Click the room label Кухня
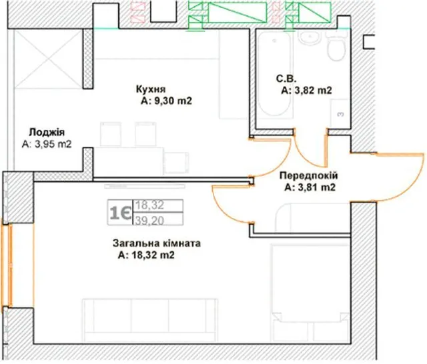pos(151,89)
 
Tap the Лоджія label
pos(47,132)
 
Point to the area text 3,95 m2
pos(53,144)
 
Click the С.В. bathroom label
pos(286,79)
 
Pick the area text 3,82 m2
pos(313,90)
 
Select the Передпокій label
pos(309,176)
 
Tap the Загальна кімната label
pos(157,243)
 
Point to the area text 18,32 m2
pos(153,255)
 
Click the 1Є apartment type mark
pos(120,213)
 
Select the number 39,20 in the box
pos(149,221)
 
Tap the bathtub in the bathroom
pos(275,74)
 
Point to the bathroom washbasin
pos(310,38)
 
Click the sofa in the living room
pos(149,320)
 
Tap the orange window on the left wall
pos(7,265)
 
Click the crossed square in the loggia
pos(48,59)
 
